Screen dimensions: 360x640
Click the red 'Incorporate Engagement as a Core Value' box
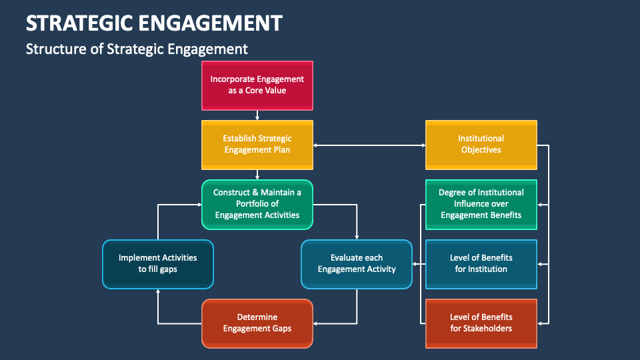(257, 85)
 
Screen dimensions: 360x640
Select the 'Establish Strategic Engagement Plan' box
(257, 144)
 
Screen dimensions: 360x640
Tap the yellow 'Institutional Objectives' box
(481, 144)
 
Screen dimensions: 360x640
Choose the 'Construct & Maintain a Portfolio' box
(257, 203)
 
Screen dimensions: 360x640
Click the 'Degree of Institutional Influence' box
(481, 203)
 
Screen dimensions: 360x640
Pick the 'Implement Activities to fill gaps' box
(158, 263)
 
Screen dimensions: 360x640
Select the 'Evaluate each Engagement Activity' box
(357, 263)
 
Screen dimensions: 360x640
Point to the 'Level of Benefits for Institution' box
(481, 263)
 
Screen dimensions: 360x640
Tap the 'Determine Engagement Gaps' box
(257, 323)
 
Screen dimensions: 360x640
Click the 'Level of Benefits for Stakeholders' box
(481, 323)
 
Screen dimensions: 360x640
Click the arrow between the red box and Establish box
(257, 115)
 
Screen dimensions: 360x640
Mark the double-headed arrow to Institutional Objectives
(369, 145)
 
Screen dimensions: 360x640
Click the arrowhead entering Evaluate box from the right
(415, 265)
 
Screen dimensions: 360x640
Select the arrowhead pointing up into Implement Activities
(158, 291)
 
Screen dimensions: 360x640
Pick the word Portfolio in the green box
(257, 203)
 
